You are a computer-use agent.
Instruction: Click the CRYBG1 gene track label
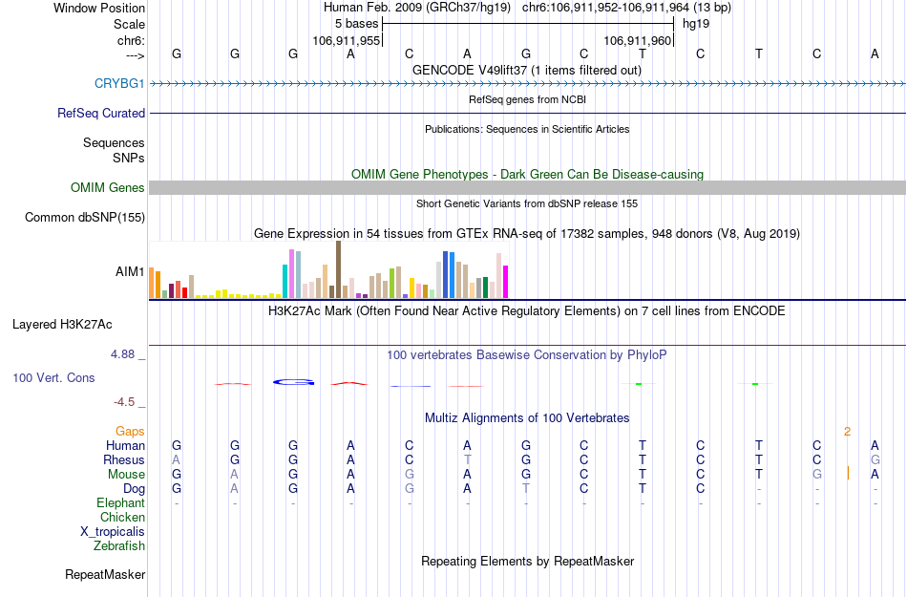119,84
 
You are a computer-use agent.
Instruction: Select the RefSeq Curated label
101,113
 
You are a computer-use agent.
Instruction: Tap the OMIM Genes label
108,188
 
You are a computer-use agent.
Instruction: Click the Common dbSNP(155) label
85,218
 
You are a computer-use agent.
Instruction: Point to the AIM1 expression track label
130,271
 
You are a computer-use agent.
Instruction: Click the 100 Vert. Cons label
53,378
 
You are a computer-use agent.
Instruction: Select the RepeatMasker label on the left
105,575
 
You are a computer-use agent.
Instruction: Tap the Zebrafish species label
119,546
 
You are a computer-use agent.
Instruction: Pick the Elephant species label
120,503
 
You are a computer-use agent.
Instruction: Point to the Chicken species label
122,518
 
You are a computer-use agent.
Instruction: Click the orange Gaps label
130,432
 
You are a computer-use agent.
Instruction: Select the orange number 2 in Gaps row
847,432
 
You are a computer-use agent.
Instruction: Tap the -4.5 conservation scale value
126,402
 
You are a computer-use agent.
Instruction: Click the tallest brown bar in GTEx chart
338,269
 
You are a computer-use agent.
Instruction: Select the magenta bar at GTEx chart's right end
505,282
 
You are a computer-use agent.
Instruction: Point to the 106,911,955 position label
347,41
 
